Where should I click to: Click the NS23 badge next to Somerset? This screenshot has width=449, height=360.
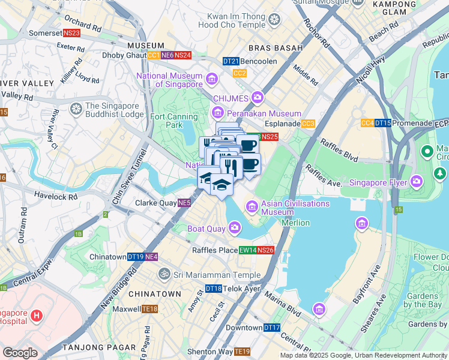[x=71, y=33]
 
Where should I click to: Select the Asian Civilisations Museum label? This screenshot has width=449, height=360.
[x=295, y=208]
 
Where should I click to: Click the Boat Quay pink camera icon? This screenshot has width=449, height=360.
[x=234, y=227]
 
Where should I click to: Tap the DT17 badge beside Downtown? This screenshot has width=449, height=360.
[x=272, y=328]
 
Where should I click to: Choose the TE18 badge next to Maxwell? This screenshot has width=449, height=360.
[x=149, y=309]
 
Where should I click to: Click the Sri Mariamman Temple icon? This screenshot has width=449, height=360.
[x=164, y=274]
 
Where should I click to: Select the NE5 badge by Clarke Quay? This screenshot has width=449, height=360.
[x=184, y=203]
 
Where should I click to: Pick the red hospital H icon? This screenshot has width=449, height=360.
[x=36, y=315]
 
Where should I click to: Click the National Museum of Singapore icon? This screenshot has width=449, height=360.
[x=211, y=79]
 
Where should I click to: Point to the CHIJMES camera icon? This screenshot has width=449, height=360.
[x=258, y=97]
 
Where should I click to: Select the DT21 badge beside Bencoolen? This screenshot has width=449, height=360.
[x=231, y=61]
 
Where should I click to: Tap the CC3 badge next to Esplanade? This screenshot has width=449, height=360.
[x=309, y=124]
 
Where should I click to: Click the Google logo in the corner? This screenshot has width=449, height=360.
[x=20, y=353]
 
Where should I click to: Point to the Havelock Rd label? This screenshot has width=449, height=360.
[x=56, y=196]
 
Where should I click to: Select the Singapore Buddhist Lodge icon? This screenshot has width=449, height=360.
[x=76, y=109]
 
